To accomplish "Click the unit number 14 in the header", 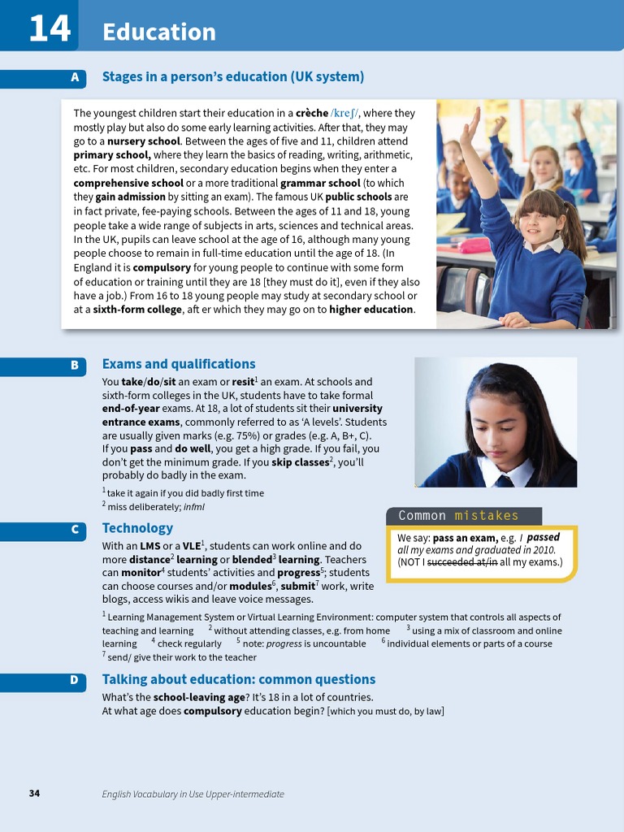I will coord(49,30).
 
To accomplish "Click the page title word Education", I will coord(159,32).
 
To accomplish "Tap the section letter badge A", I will coord(75,78).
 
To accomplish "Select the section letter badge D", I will coord(75,680).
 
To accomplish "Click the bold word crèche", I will coord(312,113).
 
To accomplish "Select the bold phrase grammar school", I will coord(320,183).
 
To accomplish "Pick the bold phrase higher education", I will coord(371,309).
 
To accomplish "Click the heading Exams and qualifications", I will coord(179,364).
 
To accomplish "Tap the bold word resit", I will coord(243,381).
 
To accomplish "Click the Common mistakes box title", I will coord(458,516).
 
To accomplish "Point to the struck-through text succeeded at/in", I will coord(462,561).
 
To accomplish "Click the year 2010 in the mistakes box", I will coord(542,549).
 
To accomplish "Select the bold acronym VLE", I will coord(191,546).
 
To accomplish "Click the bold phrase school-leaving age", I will coord(198,697).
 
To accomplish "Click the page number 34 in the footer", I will coord(34,793).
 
